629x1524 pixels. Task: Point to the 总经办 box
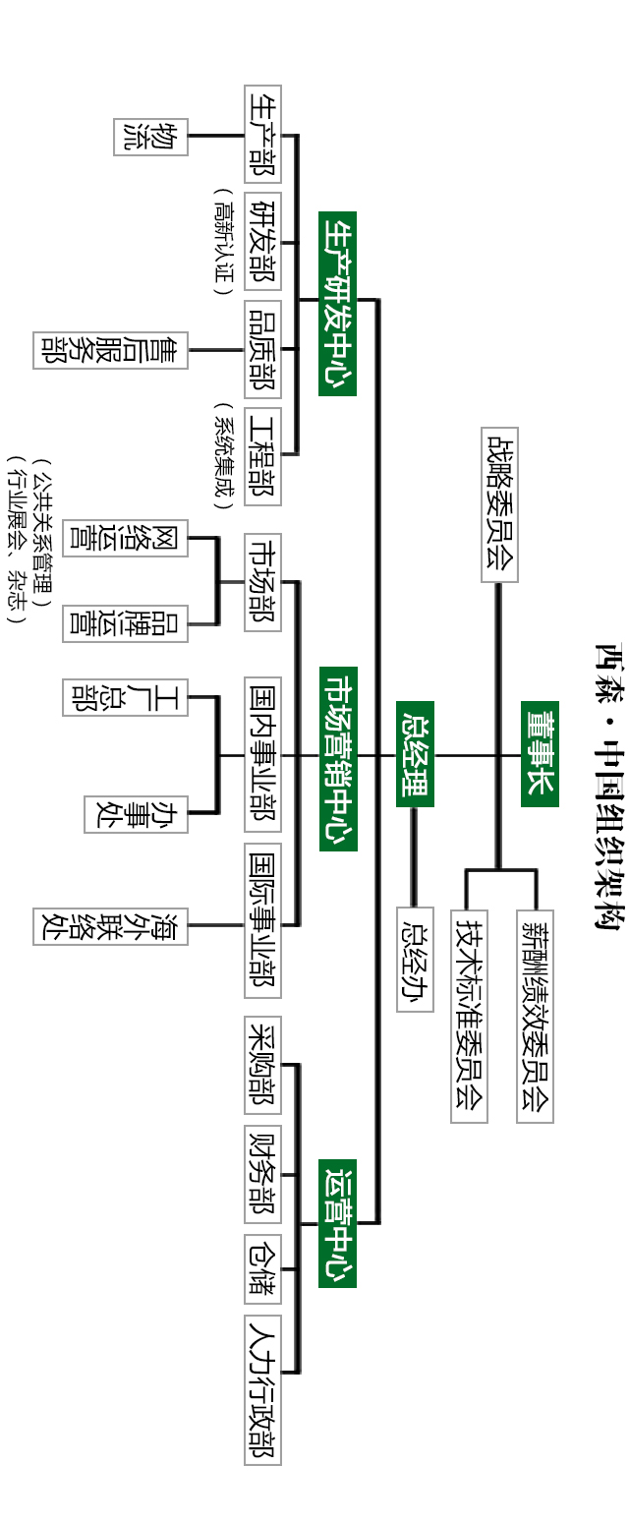pyautogui.click(x=415, y=960)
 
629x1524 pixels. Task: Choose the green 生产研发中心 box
pyautogui.click(x=337, y=303)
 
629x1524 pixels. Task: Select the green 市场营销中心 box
pyautogui.click(x=337, y=758)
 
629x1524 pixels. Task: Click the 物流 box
pyautogui.click(x=150, y=136)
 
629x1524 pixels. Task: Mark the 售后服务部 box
pyautogui.click(x=110, y=350)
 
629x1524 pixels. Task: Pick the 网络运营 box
pyautogui.click(x=125, y=538)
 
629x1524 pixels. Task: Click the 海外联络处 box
pyautogui.click(x=110, y=926)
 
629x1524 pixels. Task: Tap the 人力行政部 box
pyautogui.click(x=262, y=1390)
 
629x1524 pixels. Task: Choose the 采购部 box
pyautogui.click(x=262, y=1065)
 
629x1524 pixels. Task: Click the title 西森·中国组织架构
pyautogui.click(x=609, y=786)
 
